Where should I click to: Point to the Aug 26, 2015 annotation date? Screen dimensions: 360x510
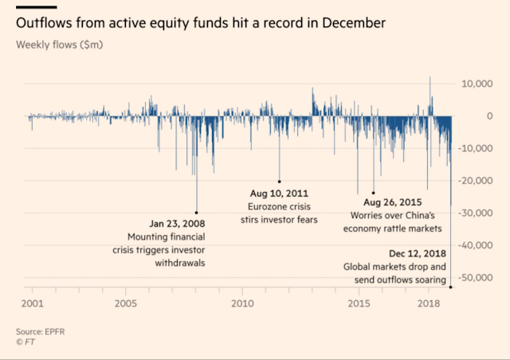pos(380,202)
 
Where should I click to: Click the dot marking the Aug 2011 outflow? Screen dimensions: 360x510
pos(279,181)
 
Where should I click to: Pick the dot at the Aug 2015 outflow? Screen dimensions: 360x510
pos(373,192)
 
